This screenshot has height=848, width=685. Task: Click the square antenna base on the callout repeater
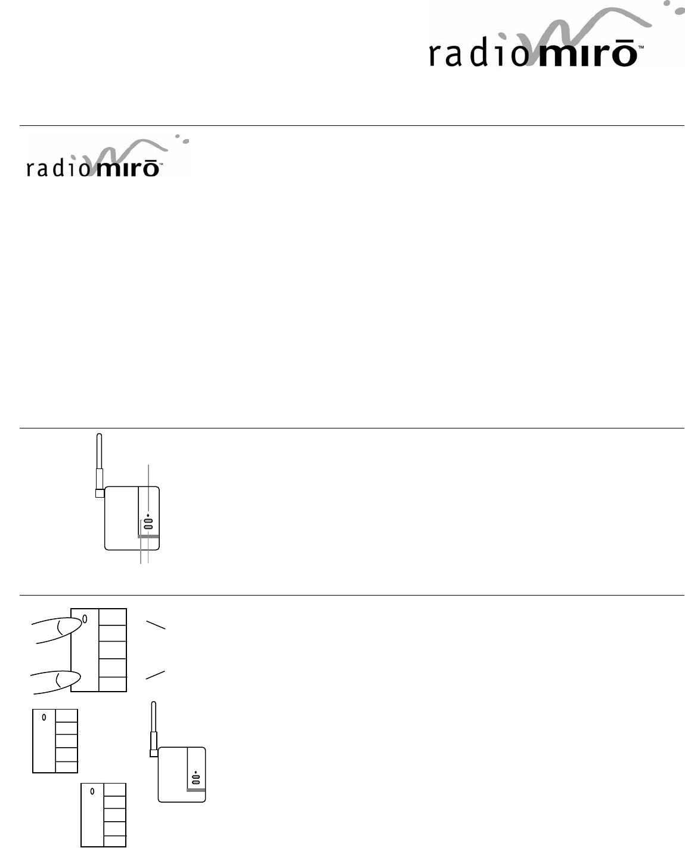(100, 494)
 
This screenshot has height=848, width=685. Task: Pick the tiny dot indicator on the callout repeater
(148, 514)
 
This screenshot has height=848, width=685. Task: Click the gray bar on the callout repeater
(149, 537)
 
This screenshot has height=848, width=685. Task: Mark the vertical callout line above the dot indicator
(148, 483)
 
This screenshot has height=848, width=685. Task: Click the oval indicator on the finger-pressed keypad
(85, 619)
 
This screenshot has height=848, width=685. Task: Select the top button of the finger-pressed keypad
(113, 617)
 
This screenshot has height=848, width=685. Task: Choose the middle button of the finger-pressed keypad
(113, 650)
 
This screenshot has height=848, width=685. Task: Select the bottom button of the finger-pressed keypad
(113, 684)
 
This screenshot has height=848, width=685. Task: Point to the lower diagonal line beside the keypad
(155, 675)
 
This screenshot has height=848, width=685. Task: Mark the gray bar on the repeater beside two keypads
(196, 790)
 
